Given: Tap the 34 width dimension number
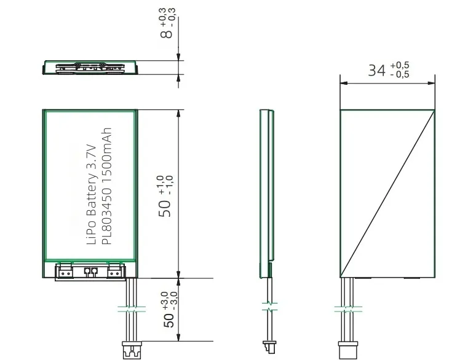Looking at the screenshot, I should [376, 70].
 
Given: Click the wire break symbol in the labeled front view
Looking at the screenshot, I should [130, 307].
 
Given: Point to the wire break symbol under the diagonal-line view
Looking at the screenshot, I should [347, 307].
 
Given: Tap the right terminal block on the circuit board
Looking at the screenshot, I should [115, 270].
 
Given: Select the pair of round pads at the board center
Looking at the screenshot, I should [90, 270].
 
